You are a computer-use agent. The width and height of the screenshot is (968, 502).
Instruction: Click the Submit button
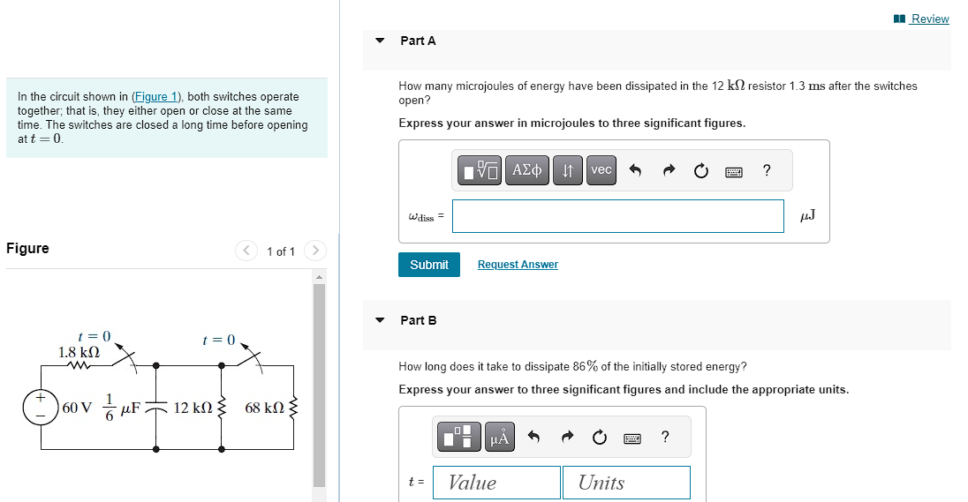point(428,265)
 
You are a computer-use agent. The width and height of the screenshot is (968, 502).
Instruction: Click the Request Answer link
point(518,265)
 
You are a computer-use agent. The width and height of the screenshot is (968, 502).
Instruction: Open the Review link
point(929,19)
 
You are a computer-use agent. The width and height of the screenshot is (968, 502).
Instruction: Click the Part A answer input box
point(617,216)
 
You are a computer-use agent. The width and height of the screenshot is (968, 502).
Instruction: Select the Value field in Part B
point(496,482)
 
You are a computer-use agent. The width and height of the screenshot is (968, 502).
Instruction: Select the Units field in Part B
point(626,482)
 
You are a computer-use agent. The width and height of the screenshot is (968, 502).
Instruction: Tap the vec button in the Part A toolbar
point(601,170)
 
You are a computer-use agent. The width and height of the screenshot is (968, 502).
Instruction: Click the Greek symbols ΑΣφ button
point(527,170)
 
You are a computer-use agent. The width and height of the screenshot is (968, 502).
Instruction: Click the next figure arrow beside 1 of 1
point(315,251)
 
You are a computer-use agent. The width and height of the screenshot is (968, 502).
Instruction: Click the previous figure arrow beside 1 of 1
point(246,251)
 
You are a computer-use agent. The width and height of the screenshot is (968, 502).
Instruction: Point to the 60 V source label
point(77,408)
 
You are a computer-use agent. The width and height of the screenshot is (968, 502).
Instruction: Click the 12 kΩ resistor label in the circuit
point(192,408)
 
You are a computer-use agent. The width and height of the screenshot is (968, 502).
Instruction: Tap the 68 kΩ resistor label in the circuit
point(264,408)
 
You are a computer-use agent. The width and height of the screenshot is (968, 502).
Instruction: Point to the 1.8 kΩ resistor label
point(78,352)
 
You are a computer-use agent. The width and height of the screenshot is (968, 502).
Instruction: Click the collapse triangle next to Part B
point(380,320)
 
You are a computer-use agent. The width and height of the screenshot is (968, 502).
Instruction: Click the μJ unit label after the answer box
point(806,215)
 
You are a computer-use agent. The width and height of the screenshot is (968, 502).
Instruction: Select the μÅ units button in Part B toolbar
point(500,437)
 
